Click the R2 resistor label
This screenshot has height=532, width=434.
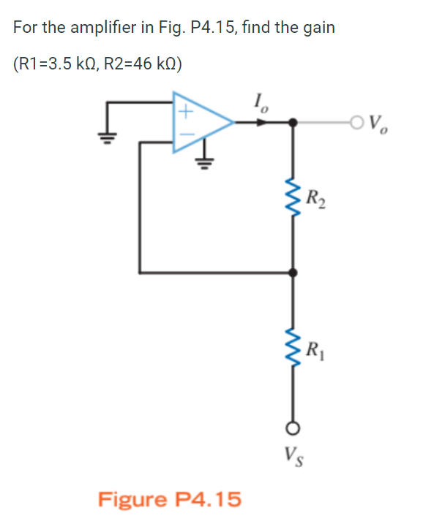click(x=316, y=197)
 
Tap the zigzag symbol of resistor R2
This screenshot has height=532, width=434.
click(x=294, y=196)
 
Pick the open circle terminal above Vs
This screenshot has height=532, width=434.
click(x=294, y=428)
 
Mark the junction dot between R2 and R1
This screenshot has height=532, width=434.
click(x=294, y=273)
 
